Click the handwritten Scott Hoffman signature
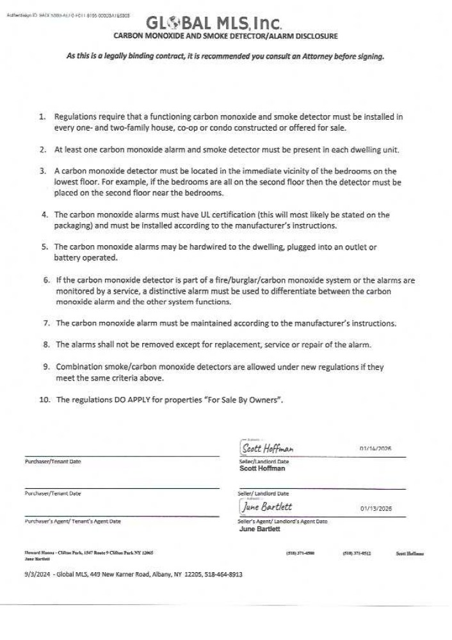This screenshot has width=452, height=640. point(268,448)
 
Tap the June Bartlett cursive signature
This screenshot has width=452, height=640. point(268,506)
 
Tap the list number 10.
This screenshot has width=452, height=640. point(45,400)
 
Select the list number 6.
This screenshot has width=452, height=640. point(47,280)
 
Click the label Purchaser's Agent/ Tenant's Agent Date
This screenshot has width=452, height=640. point(72,522)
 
